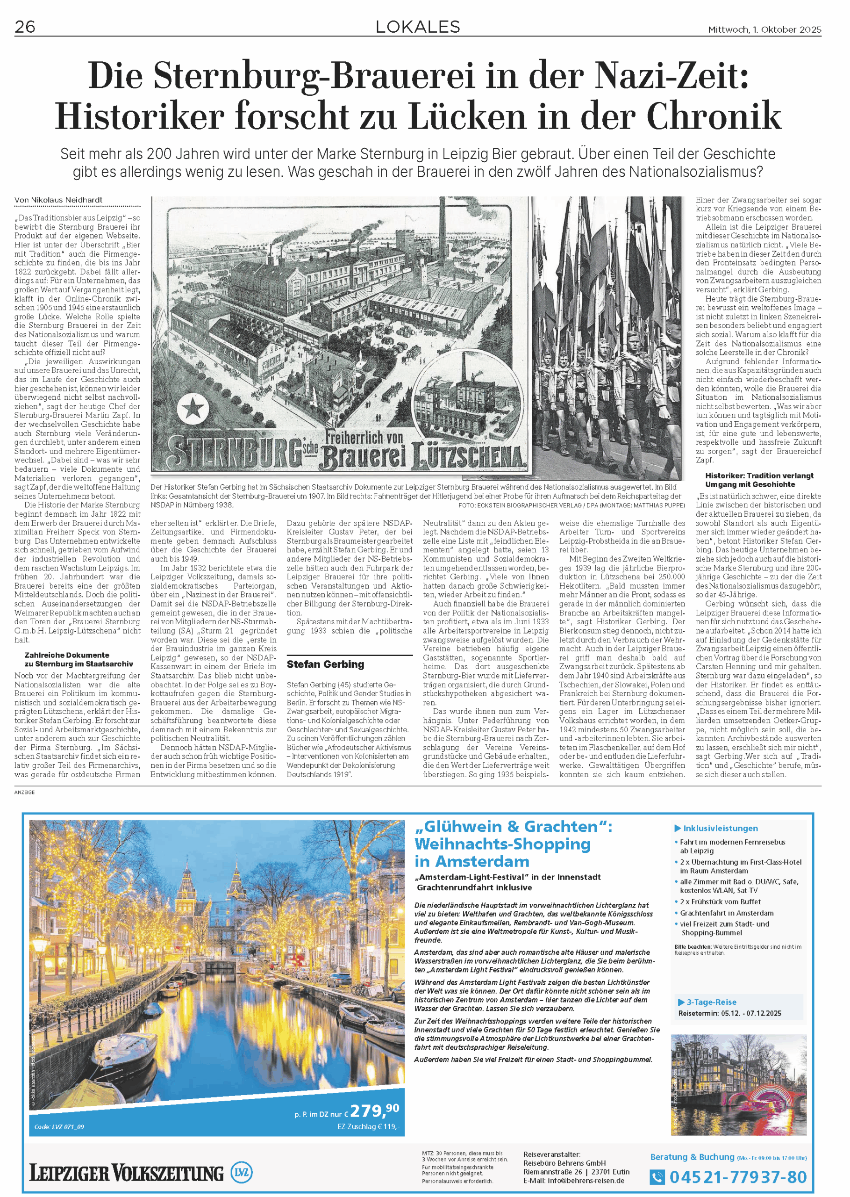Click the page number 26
(x=25, y=27)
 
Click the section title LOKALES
(x=418, y=27)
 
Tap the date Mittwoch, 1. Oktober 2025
(x=764, y=30)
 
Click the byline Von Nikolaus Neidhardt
(x=58, y=200)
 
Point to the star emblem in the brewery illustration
(x=193, y=408)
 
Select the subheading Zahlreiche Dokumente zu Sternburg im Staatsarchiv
(x=79, y=659)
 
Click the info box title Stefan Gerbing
(x=325, y=664)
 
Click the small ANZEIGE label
(x=25, y=792)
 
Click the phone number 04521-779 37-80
(x=737, y=1177)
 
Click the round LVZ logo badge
(x=241, y=1172)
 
